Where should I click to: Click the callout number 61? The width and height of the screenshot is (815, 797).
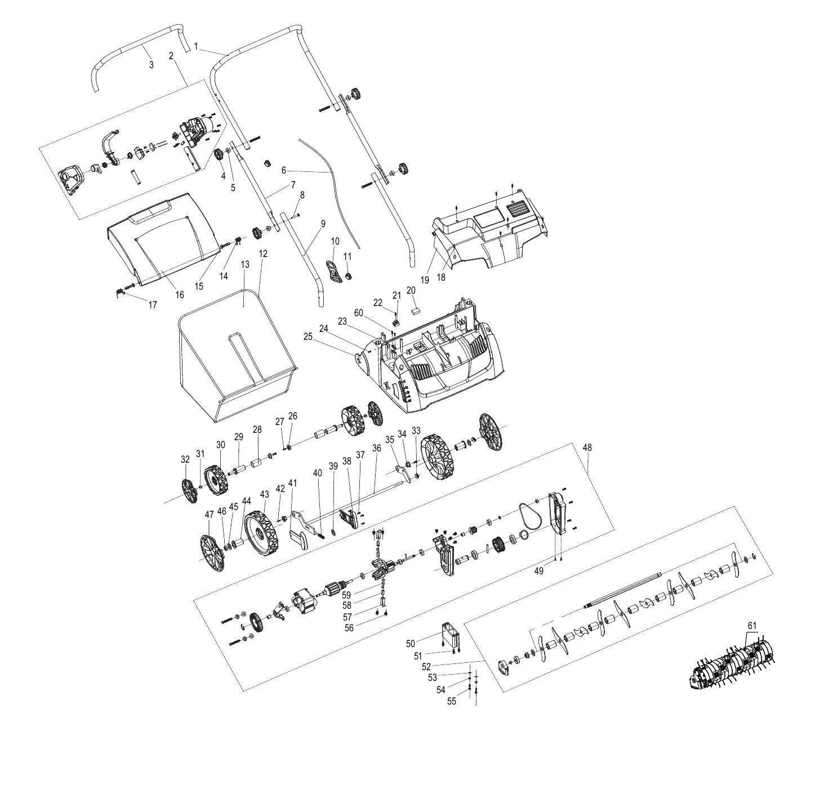pyautogui.click(x=752, y=637)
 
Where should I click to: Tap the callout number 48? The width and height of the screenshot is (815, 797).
pyautogui.click(x=587, y=448)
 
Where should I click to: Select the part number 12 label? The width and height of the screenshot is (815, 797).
pyautogui.click(x=263, y=254)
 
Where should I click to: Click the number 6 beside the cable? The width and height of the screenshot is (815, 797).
pyautogui.click(x=283, y=170)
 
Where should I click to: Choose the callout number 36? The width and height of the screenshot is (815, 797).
pyautogui.click(x=376, y=448)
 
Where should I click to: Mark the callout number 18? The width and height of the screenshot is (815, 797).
pyautogui.click(x=441, y=277)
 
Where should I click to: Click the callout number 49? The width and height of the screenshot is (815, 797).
pyautogui.click(x=539, y=571)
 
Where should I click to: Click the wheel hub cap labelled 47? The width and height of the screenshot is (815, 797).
pyautogui.click(x=213, y=553)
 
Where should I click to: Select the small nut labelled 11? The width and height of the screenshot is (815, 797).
pyautogui.click(x=348, y=276)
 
